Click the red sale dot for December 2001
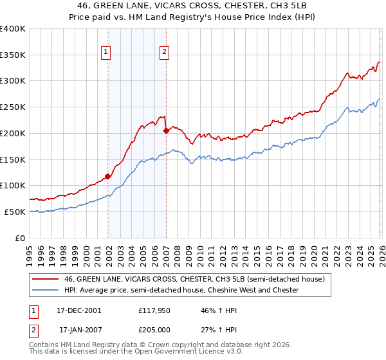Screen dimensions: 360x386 [107, 175]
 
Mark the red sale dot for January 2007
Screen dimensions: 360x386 [166, 130]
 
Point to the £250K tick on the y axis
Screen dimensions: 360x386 [13, 107]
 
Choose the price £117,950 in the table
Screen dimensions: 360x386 [154, 310]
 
